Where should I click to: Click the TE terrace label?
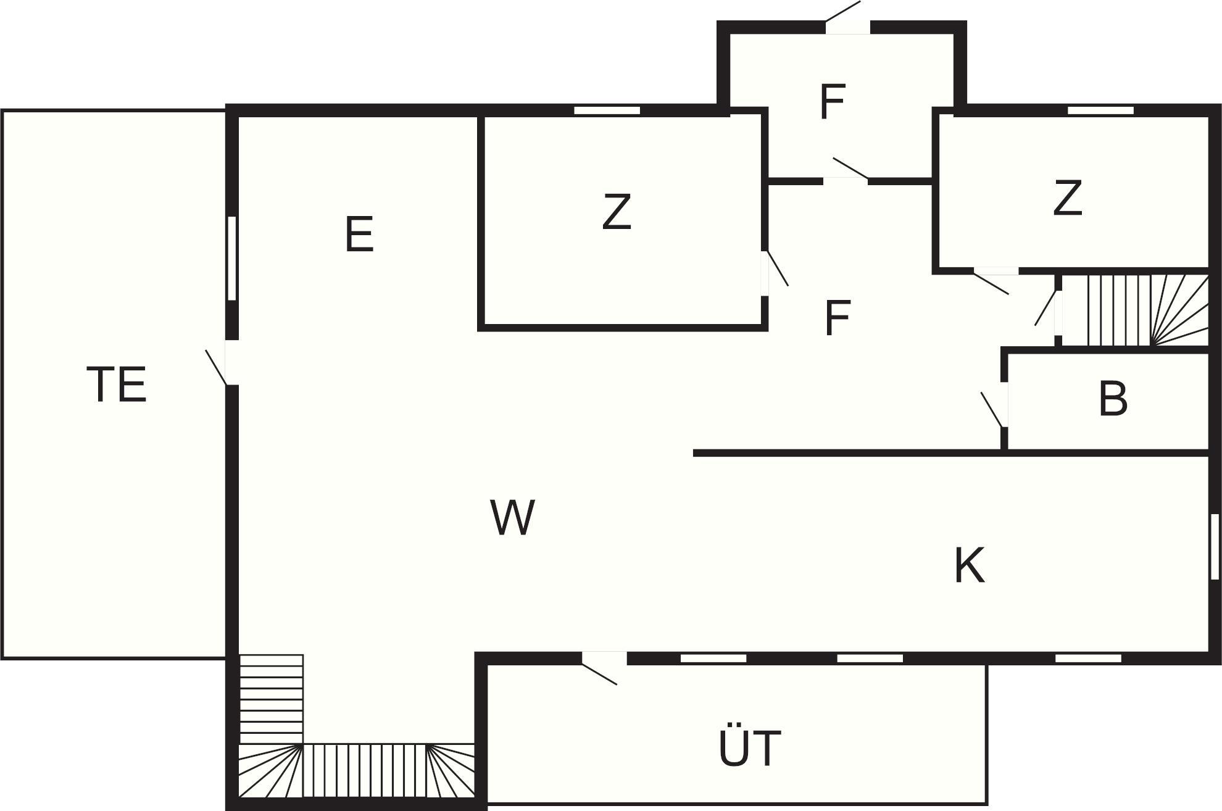coord(117,384)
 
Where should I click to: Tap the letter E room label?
coord(359,234)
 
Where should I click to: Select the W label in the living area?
coord(512,517)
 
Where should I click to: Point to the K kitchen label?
coord(969,565)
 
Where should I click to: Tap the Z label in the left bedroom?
coord(617,212)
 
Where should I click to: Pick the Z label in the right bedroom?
coord(1067,198)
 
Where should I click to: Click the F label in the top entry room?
coord(832,102)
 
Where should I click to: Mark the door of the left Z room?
coord(775,272)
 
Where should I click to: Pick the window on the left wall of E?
coord(232,258)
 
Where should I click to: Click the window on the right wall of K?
coord(1215,547)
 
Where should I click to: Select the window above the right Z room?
coord(1100,110)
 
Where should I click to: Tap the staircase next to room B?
coord(1134,310)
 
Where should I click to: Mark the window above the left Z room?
coord(607,110)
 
